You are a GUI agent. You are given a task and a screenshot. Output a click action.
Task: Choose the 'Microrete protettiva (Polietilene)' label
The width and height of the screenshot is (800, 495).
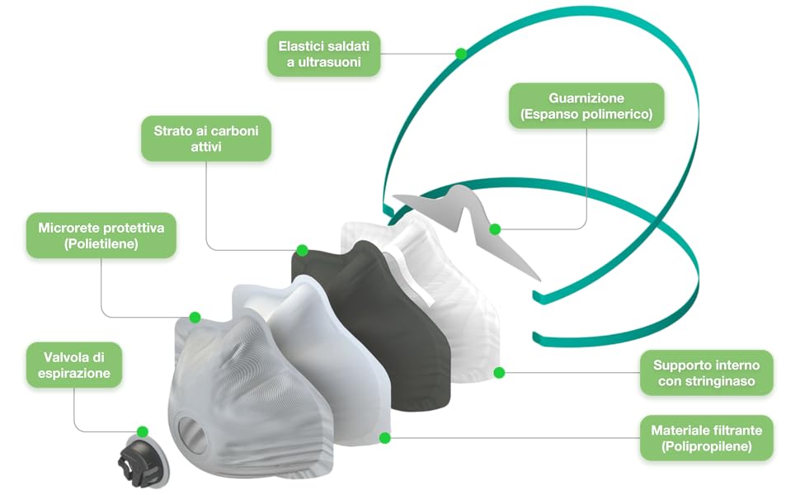(x=101, y=235)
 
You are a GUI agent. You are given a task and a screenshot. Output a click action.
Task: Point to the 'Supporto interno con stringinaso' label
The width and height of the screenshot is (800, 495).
(x=707, y=373)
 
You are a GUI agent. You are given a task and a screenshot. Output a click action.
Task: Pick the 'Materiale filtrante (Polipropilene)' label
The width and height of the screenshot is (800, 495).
(x=707, y=438)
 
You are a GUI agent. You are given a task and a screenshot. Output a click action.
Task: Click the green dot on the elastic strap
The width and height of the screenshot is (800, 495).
(x=461, y=54)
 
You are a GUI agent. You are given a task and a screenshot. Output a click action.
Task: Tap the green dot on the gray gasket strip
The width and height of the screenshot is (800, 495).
(x=495, y=229)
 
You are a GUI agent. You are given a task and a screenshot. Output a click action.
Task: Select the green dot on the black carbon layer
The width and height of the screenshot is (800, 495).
(x=302, y=249)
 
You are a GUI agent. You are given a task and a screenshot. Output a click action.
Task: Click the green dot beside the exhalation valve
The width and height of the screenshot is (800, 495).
(x=143, y=431)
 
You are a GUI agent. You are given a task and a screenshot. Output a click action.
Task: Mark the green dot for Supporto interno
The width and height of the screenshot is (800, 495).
(x=499, y=373)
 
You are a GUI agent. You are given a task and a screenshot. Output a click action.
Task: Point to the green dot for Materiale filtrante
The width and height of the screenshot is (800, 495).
(x=384, y=437)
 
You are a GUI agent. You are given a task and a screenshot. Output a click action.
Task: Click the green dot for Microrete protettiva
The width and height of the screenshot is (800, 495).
(x=195, y=317)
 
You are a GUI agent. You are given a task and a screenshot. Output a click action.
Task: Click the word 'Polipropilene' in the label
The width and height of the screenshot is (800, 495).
(x=707, y=447)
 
